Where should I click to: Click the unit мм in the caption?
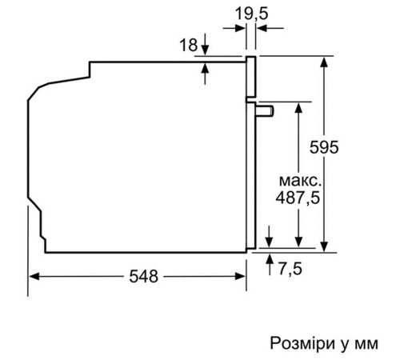point(363,343)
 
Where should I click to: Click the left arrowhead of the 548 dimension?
point(34,277)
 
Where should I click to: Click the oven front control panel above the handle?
point(250,75)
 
